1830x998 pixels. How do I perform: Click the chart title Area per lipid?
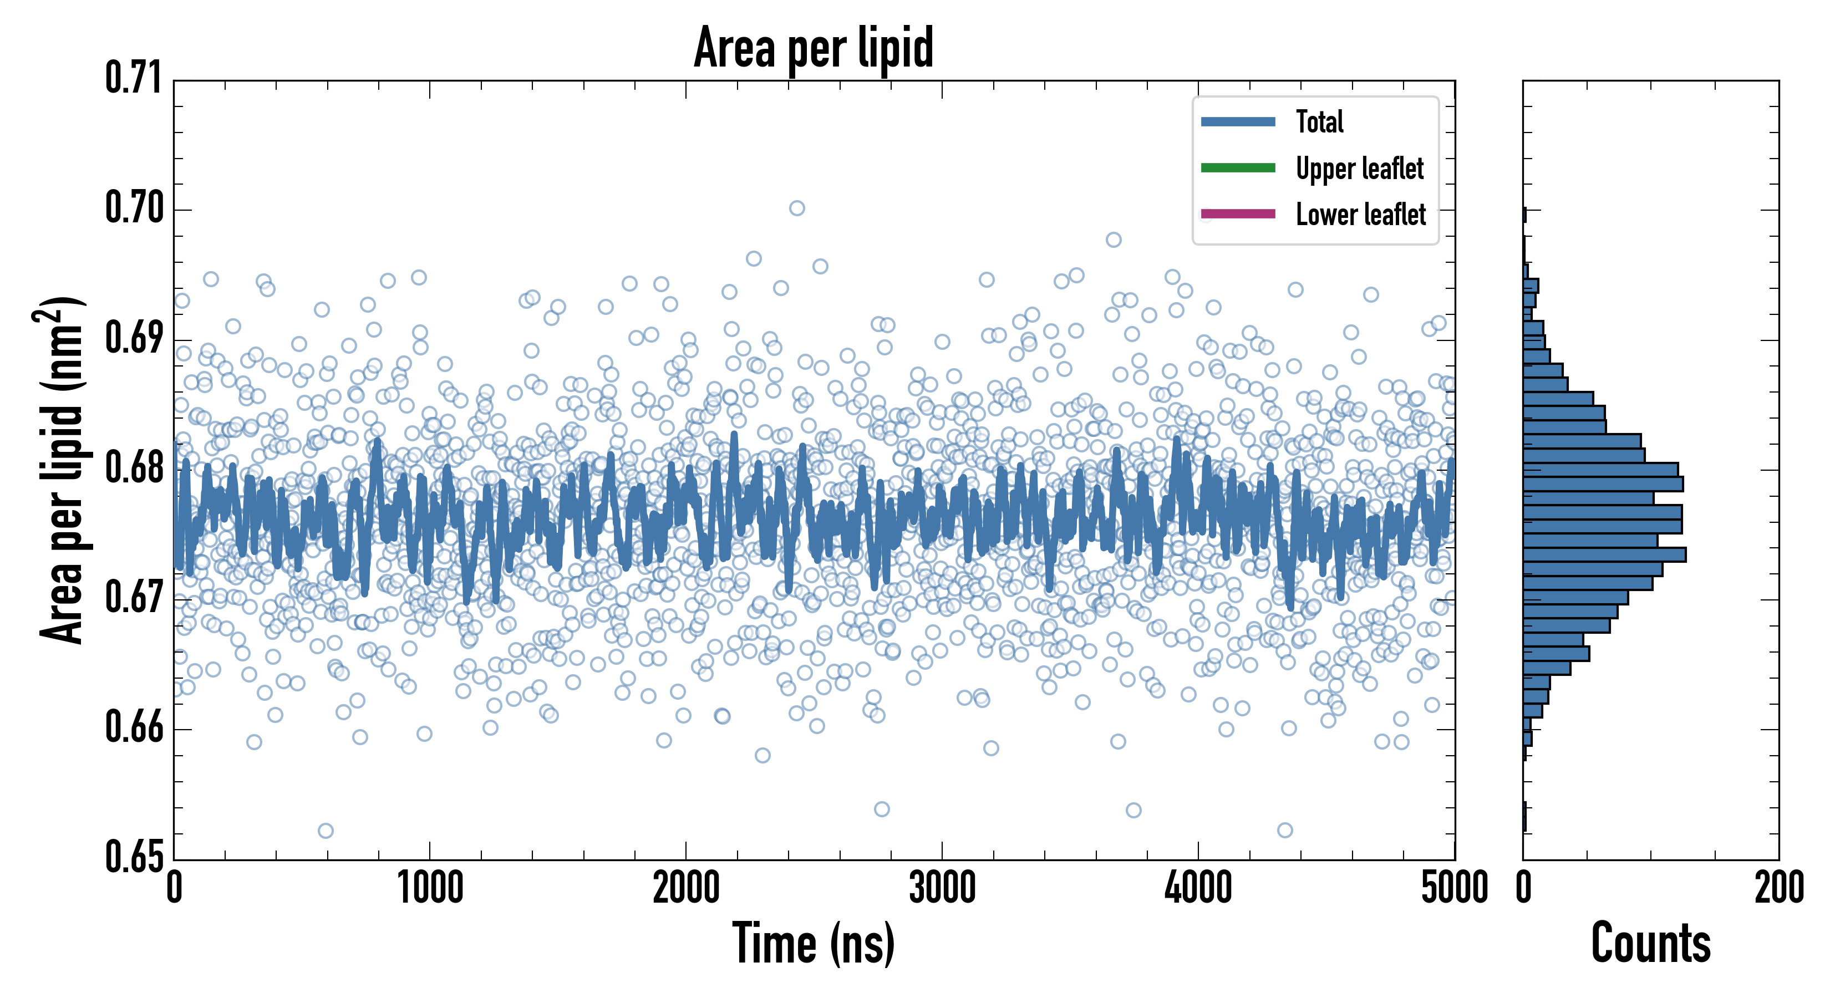(814, 47)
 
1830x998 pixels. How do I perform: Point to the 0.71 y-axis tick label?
(134, 78)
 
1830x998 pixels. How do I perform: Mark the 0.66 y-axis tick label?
(134, 727)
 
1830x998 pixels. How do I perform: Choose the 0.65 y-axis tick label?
(134, 857)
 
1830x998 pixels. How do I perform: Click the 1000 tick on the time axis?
(430, 888)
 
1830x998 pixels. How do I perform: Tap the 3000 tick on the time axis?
(942, 888)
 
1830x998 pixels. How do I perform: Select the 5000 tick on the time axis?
(1454, 888)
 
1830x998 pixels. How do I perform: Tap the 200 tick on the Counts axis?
(1778, 888)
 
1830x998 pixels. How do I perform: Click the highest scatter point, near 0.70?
(797, 208)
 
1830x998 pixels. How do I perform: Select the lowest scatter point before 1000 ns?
(326, 831)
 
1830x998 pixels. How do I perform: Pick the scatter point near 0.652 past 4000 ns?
(1284, 829)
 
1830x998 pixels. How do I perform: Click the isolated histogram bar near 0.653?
(1524, 816)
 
